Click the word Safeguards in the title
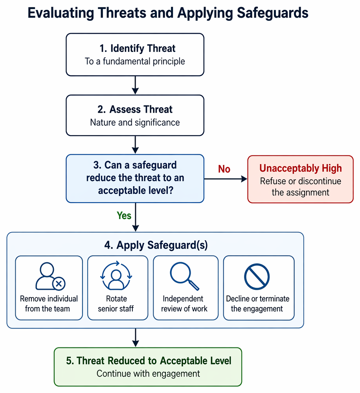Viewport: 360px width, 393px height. (272, 13)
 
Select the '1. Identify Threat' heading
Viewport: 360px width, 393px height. (138, 48)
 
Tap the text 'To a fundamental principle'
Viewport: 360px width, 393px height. (135, 61)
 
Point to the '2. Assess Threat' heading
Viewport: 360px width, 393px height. (135, 109)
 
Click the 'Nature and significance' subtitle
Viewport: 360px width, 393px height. (135, 122)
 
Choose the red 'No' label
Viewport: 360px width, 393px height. (224, 169)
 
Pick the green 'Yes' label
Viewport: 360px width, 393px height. (124, 216)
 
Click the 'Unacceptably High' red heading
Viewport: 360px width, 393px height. (301, 168)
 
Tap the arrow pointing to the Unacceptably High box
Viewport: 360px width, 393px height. (226, 179)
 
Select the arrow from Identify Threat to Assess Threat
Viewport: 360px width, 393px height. (135, 85)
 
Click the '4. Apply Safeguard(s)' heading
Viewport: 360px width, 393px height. (156, 245)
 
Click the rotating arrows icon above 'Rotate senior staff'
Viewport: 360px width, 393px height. (116, 276)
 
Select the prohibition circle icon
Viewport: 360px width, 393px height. (257, 277)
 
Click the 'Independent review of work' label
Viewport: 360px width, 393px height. (184, 303)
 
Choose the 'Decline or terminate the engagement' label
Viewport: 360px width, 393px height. (257, 303)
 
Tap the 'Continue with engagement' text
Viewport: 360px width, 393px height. (148, 373)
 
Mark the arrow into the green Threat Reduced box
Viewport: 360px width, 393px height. (136, 338)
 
